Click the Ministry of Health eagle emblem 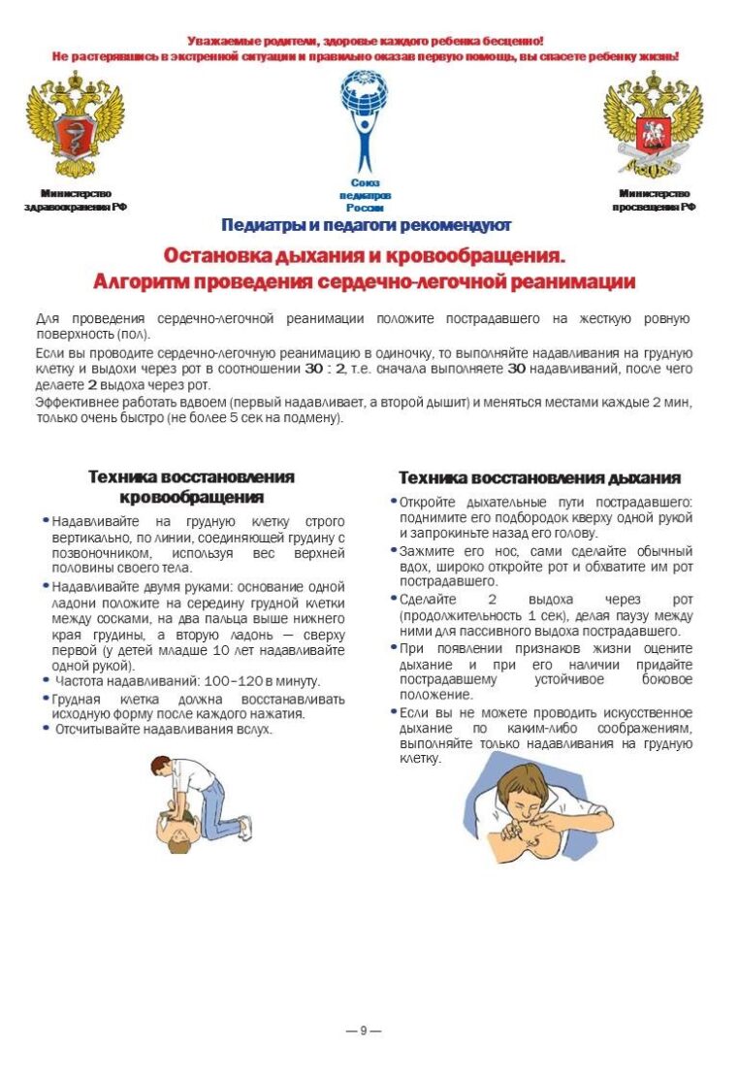[x=75, y=124]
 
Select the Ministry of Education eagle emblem [x=653, y=124]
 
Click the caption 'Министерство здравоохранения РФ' [x=76, y=200]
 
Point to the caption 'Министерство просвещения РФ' [x=654, y=200]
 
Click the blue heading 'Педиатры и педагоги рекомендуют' [x=366, y=226]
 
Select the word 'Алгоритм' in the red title [x=140, y=282]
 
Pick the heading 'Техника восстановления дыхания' [x=539, y=478]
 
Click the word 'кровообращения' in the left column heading [x=192, y=498]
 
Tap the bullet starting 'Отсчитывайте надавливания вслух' [x=163, y=729]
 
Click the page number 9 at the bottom [x=364, y=1030]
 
